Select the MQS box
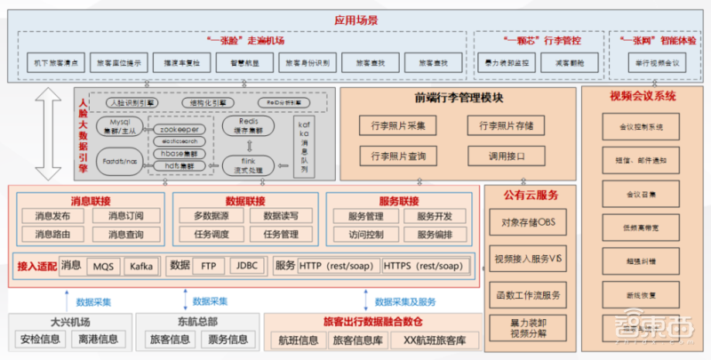104,266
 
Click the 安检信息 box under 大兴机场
40,340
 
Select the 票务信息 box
227,340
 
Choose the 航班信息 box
299,340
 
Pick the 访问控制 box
359,235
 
